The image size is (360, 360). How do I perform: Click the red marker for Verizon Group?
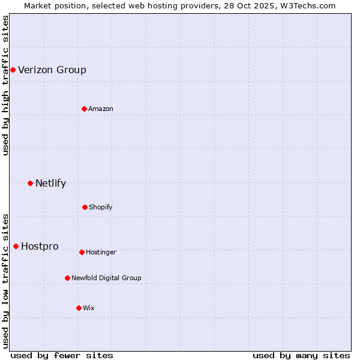click(x=13, y=70)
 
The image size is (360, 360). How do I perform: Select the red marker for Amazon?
click(x=84, y=109)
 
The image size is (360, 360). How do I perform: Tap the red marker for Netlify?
click(x=30, y=183)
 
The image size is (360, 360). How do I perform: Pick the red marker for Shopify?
click(x=85, y=207)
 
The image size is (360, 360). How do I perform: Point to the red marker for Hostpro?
click(x=16, y=246)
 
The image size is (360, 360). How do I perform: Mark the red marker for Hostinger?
click(x=82, y=252)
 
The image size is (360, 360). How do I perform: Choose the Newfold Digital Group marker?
click(x=67, y=278)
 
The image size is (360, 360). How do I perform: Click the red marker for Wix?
click(x=79, y=308)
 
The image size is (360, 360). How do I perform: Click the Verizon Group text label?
click(x=52, y=70)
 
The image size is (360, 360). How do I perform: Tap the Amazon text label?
click(x=101, y=109)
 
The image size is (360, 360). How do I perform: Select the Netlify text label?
click(x=50, y=184)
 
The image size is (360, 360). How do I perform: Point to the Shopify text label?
click(x=101, y=207)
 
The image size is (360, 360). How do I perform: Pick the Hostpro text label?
click(x=40, y=247)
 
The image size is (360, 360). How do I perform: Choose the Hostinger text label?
click(x=101, y=252)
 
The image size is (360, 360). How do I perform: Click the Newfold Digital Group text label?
click(x=106, y=278)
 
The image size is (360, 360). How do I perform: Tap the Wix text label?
click(x=89, y=308)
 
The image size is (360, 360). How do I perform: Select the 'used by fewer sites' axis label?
click(x=62, y=355)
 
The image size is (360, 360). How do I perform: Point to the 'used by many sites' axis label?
click(x=301, y=355)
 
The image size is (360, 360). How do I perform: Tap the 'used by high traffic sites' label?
click(x=6, y=85)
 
